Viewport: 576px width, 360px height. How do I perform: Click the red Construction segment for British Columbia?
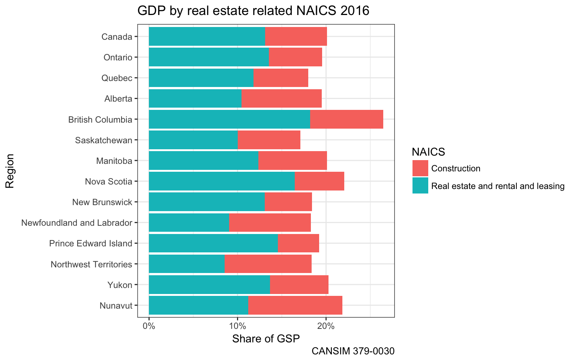coord(346,119)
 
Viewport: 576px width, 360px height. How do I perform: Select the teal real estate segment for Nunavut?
coord(198,305)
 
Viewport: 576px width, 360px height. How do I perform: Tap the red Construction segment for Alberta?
coord(281,99)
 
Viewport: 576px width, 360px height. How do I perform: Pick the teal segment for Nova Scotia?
coord(222,181)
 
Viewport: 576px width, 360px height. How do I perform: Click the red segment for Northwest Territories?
coord(268,264)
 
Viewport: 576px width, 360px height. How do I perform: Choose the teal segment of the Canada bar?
coord(207,37)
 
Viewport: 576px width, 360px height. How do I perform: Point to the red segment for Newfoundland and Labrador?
coord(270,223)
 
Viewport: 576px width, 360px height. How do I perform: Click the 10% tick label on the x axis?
coord(237,326)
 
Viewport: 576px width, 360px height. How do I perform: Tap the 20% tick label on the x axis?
coord(326,326)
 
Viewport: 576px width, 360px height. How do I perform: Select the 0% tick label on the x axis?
coord(149,326)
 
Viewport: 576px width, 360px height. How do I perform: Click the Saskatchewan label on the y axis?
coord(103,140)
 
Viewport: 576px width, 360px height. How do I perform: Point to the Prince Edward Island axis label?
coord(91,243)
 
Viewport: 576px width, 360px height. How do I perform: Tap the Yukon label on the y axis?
coord(120,285)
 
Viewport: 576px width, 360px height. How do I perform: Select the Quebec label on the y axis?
coord(117,78)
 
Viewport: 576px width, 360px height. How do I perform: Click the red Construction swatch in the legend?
coord(420,168)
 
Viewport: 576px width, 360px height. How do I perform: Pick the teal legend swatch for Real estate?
coord(420,186)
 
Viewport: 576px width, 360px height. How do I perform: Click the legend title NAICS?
coord(428,152)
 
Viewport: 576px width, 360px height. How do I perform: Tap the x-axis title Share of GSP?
coord(266,339)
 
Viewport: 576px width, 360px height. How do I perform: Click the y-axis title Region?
coord(10,171)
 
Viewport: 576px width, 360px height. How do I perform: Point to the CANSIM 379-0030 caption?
coord(353,351)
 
